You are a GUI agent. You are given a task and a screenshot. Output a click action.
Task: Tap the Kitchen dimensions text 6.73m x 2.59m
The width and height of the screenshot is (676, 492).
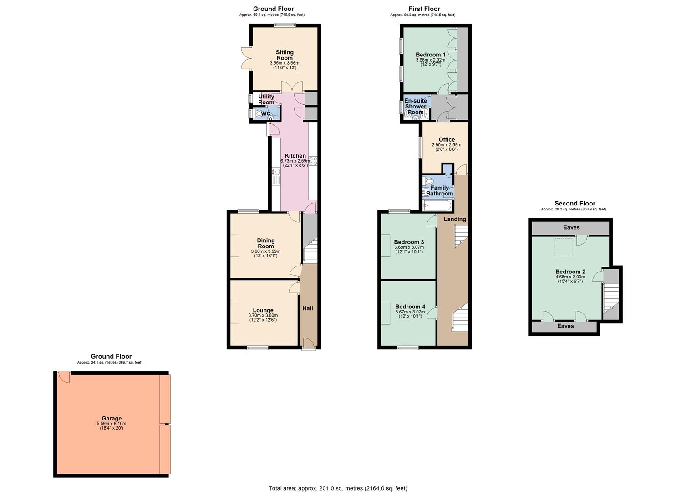[x=295, y=161]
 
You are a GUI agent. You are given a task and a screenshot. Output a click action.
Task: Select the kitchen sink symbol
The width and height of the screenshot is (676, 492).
[x=275, y=172]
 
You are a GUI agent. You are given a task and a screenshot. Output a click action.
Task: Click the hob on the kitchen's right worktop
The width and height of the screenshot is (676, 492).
[x=313, y=161]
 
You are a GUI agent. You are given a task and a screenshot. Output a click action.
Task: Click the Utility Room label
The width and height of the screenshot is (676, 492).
[x=266, y=99]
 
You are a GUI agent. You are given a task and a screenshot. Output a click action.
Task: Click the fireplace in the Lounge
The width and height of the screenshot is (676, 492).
[x=234, y=313]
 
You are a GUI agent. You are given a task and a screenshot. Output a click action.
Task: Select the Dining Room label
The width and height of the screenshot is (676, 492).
[x=266, y=243]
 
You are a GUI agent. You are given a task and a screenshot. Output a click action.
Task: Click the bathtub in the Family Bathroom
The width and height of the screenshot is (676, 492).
[x=437, y=205]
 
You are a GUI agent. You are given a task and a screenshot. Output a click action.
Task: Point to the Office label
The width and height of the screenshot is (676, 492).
[x=447, y=140]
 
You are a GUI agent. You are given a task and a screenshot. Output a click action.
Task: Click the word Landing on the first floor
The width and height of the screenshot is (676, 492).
[x=455, y=219]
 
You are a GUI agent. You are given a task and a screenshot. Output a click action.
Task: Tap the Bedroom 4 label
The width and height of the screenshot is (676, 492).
[x=410, y=307]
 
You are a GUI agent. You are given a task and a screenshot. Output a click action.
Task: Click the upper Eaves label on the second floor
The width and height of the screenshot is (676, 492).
[x=571, y=227]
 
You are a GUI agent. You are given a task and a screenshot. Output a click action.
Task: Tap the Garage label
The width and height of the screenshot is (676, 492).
[x=112, y=418]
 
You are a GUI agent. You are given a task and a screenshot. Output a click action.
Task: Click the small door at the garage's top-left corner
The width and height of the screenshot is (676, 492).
[x=64, y=377]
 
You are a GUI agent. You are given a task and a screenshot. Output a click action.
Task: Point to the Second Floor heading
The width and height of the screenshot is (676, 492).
[x=574, y=204]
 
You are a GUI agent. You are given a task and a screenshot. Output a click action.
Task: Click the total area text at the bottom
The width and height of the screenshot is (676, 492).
[x=338, y=488]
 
